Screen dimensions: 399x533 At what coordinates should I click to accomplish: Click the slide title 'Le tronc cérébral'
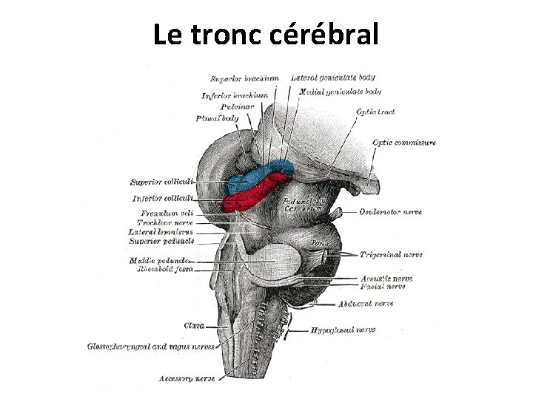(266, 34)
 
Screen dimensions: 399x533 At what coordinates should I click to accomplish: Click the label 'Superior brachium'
(244, 78)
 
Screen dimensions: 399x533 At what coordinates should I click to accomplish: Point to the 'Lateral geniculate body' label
(332, 77)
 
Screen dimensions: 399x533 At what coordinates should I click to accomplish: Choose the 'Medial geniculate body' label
(340, 92)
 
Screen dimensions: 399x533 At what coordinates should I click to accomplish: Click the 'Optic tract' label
(375, 112)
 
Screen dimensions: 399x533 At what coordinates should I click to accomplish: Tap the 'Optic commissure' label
(403, 143)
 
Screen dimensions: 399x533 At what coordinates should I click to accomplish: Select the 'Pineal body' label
(217, 118)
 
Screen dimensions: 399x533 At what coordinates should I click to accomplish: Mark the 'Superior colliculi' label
(161, 182)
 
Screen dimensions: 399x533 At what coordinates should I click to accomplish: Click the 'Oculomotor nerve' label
(390, 212)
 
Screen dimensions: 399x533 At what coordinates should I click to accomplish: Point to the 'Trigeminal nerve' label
(391, 255)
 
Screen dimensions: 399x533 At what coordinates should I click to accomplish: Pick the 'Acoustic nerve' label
(387, 279)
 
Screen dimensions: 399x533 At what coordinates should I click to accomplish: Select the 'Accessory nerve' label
(187, 379)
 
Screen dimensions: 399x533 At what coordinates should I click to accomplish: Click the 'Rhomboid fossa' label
(164, 270)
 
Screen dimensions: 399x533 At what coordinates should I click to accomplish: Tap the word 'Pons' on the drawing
(319, 242)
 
